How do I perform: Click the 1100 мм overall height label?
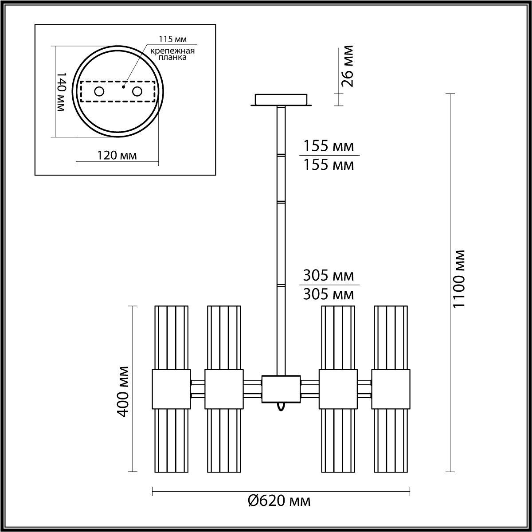coord(460,279)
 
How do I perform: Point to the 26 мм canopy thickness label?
coord(348,66)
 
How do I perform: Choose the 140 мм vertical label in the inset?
coord(62,92)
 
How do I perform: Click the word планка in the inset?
coord(172,58)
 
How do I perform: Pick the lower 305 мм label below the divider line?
coord(329,294)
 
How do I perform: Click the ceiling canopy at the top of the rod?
coord(281,99)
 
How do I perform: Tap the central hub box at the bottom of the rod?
coord(281,389)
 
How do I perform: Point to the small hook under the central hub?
coord(280,407)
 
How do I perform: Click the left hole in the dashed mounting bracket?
coord(99,92)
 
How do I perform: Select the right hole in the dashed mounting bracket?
coord(137,92)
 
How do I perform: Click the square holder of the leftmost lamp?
coord(171,389)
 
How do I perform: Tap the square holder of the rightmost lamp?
coord(391,389)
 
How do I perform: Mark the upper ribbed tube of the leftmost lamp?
coord(171,337)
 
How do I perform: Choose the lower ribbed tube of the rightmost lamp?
coord(391,440)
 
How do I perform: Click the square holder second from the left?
coord(224,389)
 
